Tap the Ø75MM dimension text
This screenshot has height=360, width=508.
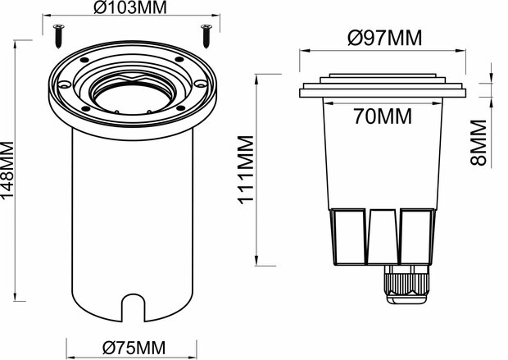[x=131, y=349]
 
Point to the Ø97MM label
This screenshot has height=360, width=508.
[x=385, y=39]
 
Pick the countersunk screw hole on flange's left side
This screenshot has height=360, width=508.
[x=65, y=84]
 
